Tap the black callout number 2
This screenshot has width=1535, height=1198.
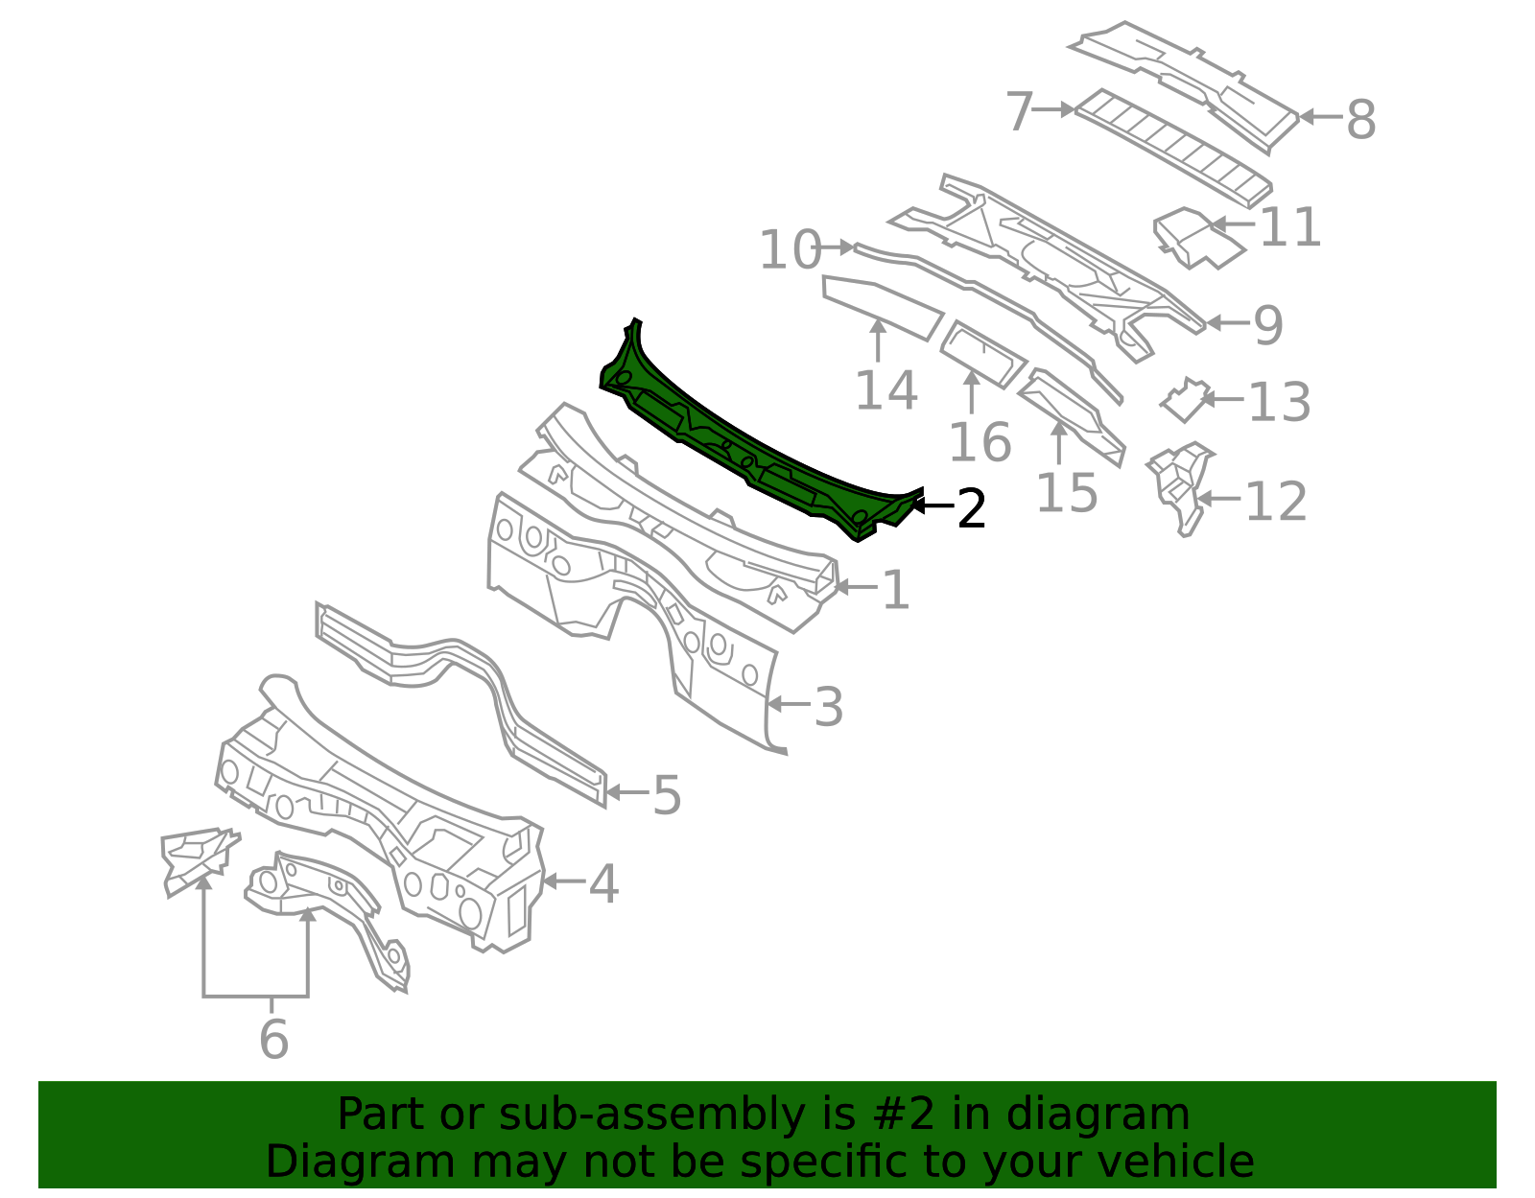tap(971, 508)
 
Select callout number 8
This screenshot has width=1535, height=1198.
tap(1361, 120)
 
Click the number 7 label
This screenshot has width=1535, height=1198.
tap(1020, 111)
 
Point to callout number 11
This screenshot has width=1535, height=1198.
tap(1290, 227)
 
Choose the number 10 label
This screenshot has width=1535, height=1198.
tap(791, 250)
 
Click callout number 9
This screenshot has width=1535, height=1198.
tap(1268, 325)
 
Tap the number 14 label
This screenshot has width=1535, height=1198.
tap(886, 390)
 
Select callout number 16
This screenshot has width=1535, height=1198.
tap(980, 442)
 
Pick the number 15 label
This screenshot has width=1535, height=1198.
tap(1067, 493)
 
